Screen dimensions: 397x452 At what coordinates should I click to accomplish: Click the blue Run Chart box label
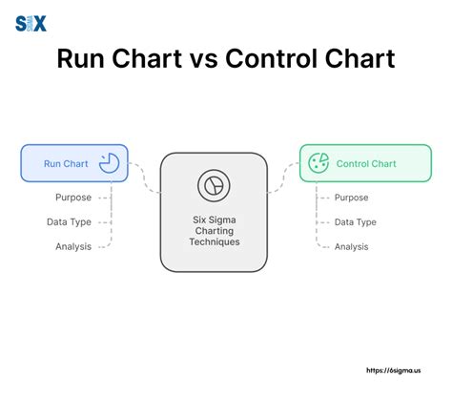[x=66, y=163]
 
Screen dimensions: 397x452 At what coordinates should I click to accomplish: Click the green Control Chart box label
[x=366, y=163]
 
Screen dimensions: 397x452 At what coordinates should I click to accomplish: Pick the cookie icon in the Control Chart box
[x=318, y=163]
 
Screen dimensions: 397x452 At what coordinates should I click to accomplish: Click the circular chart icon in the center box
[x=210, y=184]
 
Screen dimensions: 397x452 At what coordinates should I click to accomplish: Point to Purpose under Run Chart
[x=73, y=198]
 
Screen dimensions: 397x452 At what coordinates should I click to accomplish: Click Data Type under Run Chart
[x=70, y=222]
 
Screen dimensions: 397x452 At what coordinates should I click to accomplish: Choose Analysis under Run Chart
[x=73, y=246]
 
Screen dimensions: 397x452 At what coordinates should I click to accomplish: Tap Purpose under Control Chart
[x=353, y=198]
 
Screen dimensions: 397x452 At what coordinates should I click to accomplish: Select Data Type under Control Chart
[x=356, y=222]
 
